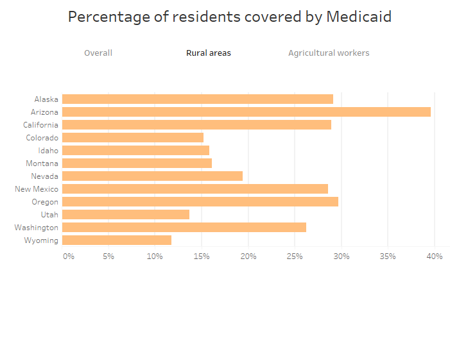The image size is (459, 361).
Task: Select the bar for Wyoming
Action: (116, 240)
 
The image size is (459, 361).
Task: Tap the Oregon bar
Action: (200, 201)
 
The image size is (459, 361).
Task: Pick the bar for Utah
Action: (125, 214)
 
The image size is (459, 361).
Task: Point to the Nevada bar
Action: (152, 176)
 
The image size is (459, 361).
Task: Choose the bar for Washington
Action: (184, 227)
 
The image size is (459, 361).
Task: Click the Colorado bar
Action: (132, 137)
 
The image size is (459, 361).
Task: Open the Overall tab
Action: (98, 53)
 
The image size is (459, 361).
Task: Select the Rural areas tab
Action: (209, 53)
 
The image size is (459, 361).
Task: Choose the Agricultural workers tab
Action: (329, 53)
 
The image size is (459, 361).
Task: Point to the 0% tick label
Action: (68, 256)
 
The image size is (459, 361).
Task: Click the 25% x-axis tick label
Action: (295, 256)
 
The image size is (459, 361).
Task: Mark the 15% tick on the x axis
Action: (202, 256)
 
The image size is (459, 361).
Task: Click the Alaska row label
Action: (46, 99)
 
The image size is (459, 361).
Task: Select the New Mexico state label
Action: (37, 189)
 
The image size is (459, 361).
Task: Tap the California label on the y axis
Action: (40, 125)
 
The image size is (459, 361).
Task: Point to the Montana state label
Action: (42, 164)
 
